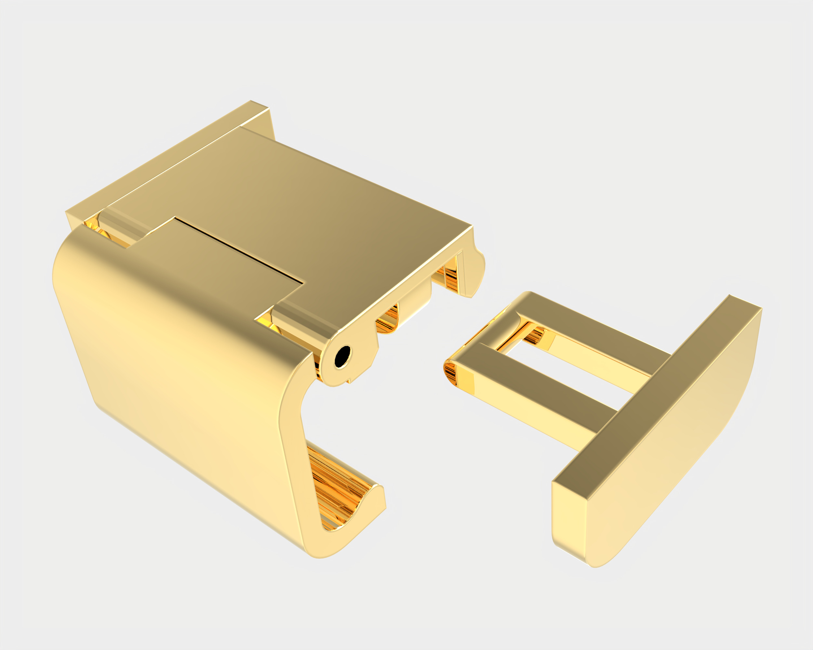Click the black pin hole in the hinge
[x=342, y=356]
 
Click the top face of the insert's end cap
[x=656, y=388]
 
